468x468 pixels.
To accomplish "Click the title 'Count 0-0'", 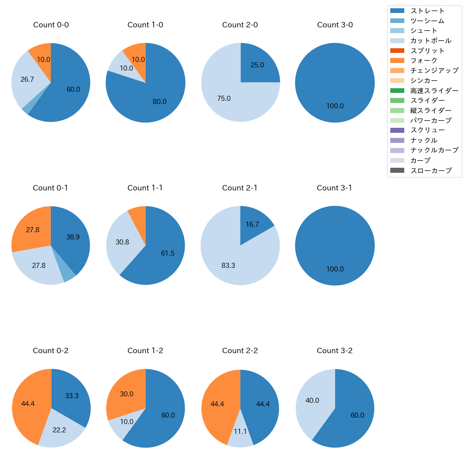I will (51, 25).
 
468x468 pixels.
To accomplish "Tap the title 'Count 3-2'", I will (334, 351).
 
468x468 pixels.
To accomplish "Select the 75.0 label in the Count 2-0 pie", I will (224, 98).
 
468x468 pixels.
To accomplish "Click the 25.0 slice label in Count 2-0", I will (257, 65).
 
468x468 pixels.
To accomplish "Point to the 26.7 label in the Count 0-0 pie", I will (27, 79).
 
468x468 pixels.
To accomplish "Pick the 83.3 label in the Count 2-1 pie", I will (228, 265).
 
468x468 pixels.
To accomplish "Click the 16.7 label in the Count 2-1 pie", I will (252, 225).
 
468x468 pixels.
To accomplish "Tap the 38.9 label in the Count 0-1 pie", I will (73, 237).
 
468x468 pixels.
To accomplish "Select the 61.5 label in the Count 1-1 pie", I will (167, 253).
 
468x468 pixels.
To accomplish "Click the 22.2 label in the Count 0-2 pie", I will (59, 430).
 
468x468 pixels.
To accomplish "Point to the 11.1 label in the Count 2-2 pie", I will (240, 431).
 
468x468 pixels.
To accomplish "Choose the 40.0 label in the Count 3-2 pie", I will (312, 400).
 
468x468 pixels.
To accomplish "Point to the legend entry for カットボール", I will (431, 41).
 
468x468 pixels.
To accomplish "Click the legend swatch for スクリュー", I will (397, 130).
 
